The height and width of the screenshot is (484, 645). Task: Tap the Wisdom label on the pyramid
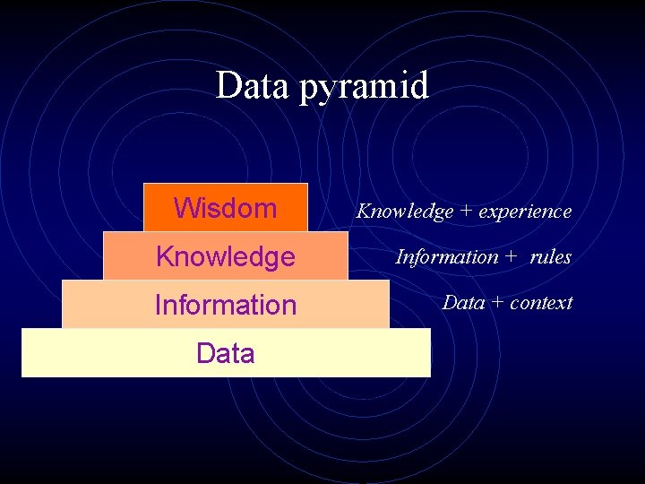pyautogui.click(x=225, y=208)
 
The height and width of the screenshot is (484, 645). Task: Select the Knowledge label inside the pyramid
pyautogui.click(x=225, y=257)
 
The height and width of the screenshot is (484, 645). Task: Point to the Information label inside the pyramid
pyautogui.click(x=225, y=305)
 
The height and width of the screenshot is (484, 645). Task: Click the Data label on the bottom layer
pyautogui.click(x=225, y=353)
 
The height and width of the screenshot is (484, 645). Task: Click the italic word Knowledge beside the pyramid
pyautogui.click(x=405, y=212)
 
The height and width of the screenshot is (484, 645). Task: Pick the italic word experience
pyautogui.click(x=525, y=212)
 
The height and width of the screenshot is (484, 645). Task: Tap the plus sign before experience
pyautogui.click(x=466, y=212)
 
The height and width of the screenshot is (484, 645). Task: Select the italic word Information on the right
pyautogui.click(x=447, y=257)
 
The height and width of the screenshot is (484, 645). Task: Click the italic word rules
pyautogui.click(x=550, y=257)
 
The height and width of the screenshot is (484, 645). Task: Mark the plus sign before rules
pyautogui.click(x=511, y=257)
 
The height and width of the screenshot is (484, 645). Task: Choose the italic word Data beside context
pyautogui.click(x=463, y=303)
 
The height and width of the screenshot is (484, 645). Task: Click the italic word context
pyautogui.click(x=540, y=303)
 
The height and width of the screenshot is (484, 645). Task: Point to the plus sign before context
pyautogui.click(x=497, y=303)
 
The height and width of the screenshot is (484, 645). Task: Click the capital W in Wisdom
pyautogui.click(x=185, y=208)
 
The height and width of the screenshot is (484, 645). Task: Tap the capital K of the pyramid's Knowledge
pyautogui.click(x=164, y=257)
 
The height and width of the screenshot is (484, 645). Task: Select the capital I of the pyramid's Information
pyautogui.click(x=159, y=305)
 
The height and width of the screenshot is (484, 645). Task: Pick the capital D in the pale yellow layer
pyautogui.click(x=205, y=353)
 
